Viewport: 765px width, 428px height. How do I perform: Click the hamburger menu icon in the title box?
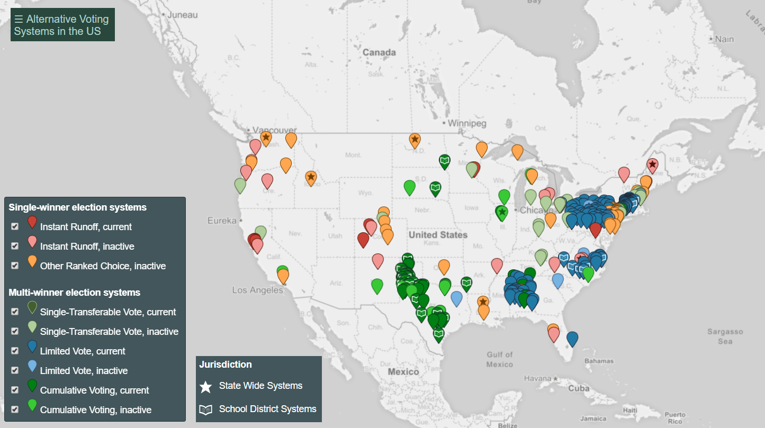(x=19, y=20)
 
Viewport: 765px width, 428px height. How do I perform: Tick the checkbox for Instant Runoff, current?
(x=15, y=226)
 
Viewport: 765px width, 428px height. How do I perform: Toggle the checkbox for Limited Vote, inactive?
(x=15, y=370)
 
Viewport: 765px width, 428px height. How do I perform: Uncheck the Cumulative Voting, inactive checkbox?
(x=15, y=409)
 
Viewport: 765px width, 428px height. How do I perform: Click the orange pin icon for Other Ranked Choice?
(x=32, y=261)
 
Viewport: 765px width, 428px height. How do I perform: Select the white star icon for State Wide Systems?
(x=205, y=386)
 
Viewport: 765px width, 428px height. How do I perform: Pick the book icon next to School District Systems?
(x=205, y=409)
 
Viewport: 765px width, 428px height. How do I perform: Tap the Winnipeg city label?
(x=466, y=123)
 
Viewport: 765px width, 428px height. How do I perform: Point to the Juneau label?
(x=182, y=15)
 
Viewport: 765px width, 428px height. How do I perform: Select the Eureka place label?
(x=221, y=221)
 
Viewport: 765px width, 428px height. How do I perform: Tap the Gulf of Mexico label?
(x=500, y=359)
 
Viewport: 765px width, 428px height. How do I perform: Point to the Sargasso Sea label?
(x=725, y=336)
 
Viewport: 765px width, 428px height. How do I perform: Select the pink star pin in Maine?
(x=652, y=165)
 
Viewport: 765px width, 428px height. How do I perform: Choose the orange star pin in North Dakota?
(x=415, y=140)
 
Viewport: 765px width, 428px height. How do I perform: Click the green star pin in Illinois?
(x=501, y=212)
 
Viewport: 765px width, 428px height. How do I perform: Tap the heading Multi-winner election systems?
(x=74, y=293)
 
